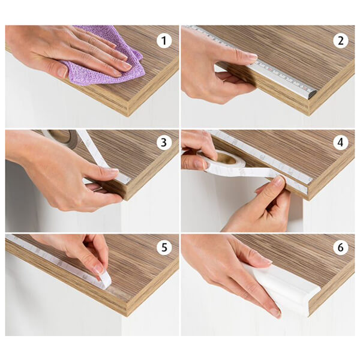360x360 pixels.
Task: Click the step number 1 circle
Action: click(x=164, y=41)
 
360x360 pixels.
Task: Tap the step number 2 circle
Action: click(x=340, y=41)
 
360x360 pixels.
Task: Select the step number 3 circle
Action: click(x=164, y=143)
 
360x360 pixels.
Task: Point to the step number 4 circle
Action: click(x=340, y=143)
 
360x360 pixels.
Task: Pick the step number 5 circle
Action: click(x=164, y=247)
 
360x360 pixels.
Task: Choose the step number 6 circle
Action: click(x=340, y=247)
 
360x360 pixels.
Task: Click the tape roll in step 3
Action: click(x=62, y=138)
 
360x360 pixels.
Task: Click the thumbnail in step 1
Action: click(x=62, y=72)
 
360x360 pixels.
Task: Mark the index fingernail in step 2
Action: click(x=253, y=56)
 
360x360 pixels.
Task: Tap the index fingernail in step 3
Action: click(x=113, y=170)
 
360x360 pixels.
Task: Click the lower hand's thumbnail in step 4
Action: click(x=280, y=181)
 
